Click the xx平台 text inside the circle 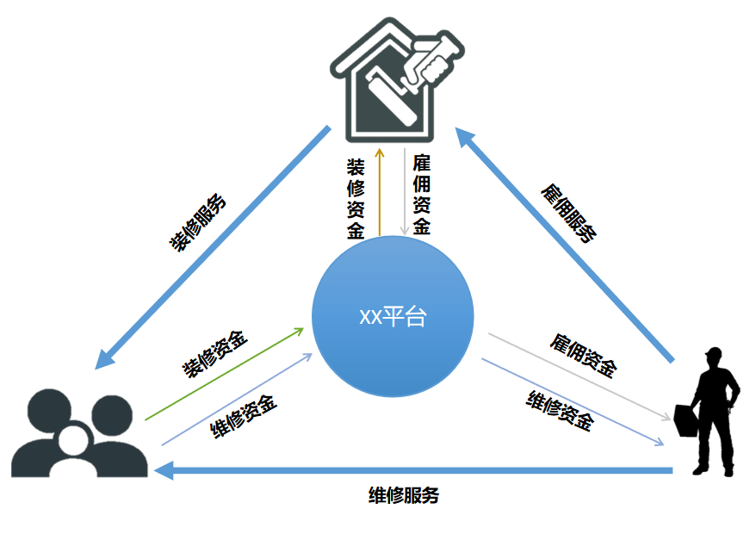(x=393, y=316)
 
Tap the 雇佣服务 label (x=568, y=211)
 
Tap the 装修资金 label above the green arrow (x=215, y=354)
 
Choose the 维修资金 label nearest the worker (x=560, y=409)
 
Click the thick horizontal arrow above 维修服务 (x=413, y=470)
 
